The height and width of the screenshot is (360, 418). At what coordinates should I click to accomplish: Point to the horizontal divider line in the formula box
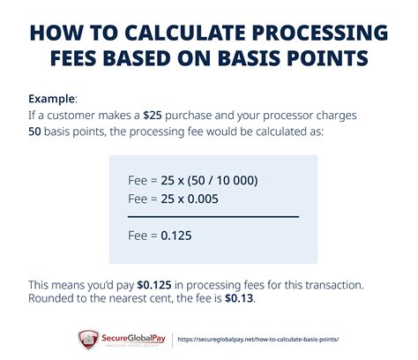[x=213, y=217]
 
